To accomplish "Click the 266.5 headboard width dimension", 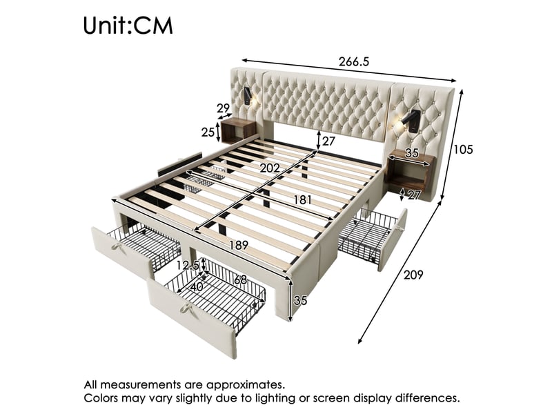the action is coord(354,61).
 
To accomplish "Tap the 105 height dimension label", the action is coord(463,150).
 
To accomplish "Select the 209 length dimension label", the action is coord(413,274).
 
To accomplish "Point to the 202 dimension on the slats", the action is coord(270,168).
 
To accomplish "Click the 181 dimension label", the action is coord(302,200).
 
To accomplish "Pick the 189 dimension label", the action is coord(239,245).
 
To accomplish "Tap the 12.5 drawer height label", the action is coord(188,265).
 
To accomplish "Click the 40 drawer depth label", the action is coord(197,287).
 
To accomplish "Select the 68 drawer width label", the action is coord(240,280).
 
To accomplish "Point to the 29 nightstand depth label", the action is coord(223,108).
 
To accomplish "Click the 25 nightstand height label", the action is coord(208,132).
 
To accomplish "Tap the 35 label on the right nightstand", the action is coord(411,152).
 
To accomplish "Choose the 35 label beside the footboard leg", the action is coord(300,300).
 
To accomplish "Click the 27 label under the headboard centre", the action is coord(328,141).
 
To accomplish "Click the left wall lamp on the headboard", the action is coord(249,97).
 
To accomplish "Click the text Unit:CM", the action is coord(128,26).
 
